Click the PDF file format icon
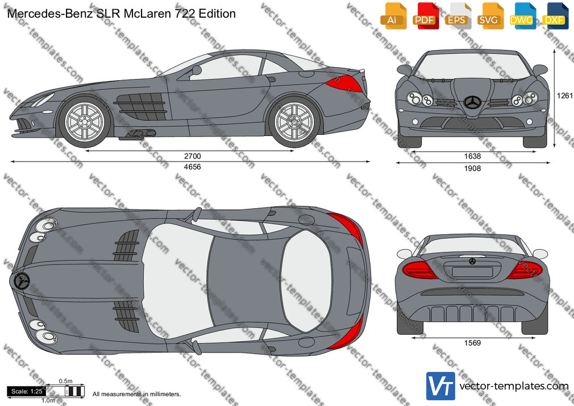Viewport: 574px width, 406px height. [426, 16]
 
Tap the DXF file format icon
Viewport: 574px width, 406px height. [555, 16]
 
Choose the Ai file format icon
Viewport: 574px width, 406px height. [393, 16]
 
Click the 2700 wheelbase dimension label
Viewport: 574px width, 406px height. [192, 156]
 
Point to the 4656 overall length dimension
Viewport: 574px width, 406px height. [192, 167]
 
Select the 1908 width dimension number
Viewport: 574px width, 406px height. [472, 168]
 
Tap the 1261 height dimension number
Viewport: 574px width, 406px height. [564, 96]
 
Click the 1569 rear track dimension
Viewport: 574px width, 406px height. [472, 343]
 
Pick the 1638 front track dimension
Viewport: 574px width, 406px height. [472, 156]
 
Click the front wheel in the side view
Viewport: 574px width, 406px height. [85, 121]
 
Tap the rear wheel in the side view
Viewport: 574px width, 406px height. [294, 121]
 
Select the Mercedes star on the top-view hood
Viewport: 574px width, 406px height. [21, 281]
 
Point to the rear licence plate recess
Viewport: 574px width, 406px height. [472, 272]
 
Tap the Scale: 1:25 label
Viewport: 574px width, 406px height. [26, 391]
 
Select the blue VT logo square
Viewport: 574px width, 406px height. [441, 386]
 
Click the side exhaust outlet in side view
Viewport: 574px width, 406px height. [138, 134]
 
